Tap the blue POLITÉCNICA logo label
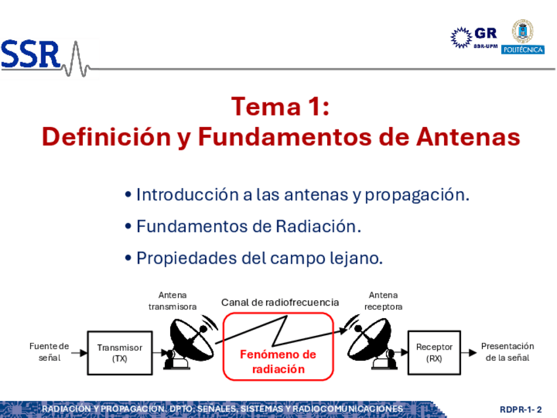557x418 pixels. coord(523,50)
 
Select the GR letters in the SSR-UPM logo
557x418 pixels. coord(485,34)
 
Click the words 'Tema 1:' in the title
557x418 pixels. coord(280,106)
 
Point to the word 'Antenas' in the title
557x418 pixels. coord(468,137)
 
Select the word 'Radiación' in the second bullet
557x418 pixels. coord(316,226)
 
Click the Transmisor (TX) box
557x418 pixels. coord(120,353)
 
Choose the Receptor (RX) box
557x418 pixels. coord(434,352)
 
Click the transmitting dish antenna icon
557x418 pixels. coord(190,342)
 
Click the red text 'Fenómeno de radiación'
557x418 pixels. coord(278,361)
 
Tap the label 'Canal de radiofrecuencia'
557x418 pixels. coord(280,302)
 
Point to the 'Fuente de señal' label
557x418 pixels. coord(49,352)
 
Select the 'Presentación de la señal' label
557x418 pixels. coord(508,352)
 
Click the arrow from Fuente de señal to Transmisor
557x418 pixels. coord(79,353)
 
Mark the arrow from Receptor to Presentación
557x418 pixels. coord(469,353)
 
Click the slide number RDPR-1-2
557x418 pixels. coord(521,409)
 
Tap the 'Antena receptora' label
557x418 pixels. coord(384,301)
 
